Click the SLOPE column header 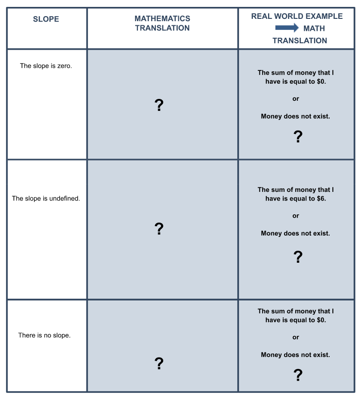(46, 19)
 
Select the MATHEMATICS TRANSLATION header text (162, 23)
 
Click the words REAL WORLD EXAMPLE (297, 16)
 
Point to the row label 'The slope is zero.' (46, 66)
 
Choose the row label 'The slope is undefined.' (46, 198)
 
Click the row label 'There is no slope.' (45, 335)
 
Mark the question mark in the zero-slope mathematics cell (159, 105)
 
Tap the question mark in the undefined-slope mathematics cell (159, 229)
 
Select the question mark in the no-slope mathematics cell (159, 363)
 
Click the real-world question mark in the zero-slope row (298, 136)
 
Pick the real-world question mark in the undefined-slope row (298, 257)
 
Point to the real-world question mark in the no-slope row (298, 375)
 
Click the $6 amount (321, 198)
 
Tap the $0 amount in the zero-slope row (321, 81)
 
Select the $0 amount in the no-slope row (321, 320)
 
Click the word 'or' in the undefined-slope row (296, 216)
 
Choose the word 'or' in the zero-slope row (296, 99)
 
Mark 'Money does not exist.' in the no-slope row (296, 355)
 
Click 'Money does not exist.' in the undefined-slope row (296, 233)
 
